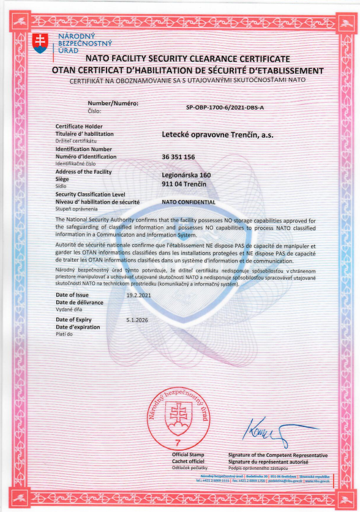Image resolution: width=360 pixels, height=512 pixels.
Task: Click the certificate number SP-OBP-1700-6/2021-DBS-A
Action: click(225, 106)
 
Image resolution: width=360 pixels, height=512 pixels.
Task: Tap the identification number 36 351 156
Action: click(178, 157)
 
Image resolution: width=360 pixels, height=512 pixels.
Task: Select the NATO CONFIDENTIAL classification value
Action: click(189, 201)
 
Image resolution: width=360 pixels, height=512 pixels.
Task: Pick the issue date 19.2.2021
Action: click(138, 295)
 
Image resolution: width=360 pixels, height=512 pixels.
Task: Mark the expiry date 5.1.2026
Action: click(137, 319)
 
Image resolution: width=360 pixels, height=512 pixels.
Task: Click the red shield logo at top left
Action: click(40, 42)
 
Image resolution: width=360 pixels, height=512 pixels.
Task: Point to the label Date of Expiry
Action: click(74, 319)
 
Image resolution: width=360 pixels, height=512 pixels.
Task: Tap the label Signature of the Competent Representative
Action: click(277, 456)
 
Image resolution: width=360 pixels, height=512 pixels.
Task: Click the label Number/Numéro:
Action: click(113, 104)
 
